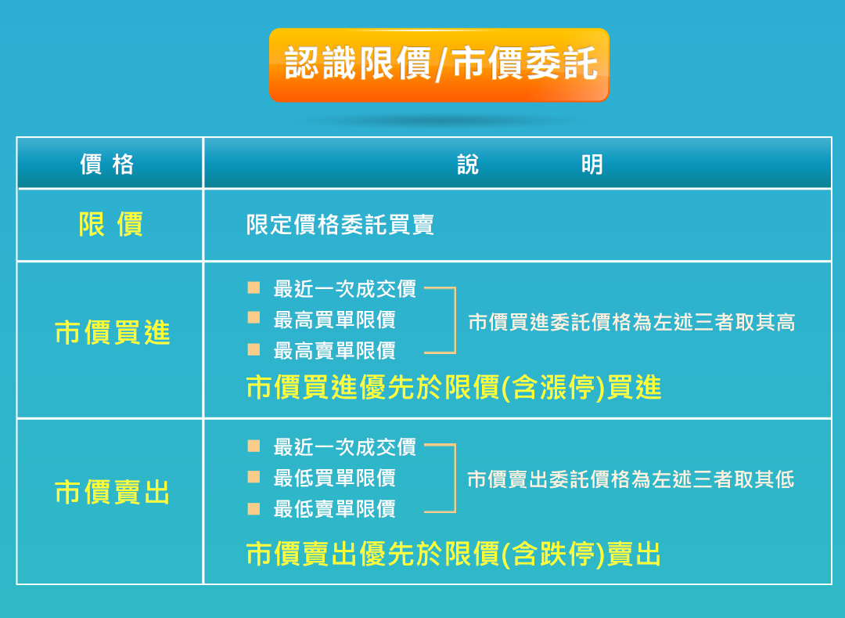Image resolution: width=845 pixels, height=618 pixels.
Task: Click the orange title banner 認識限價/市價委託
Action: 439,65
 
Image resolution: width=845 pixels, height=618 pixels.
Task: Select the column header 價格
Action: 106,164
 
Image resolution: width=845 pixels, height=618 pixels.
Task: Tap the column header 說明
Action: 530,164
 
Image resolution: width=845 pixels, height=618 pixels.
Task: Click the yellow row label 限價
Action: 111,224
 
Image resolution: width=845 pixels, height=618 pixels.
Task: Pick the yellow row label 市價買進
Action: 113,332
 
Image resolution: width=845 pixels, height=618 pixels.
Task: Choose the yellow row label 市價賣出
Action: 113,493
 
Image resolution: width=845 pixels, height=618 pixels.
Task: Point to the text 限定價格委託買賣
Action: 340,224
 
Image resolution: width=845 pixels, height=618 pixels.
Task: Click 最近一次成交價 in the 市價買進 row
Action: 345,289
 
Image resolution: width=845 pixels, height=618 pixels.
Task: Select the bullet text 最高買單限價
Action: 335,320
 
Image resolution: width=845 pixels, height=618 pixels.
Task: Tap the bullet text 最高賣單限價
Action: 335,351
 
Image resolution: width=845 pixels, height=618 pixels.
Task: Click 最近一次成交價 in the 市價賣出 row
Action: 345,447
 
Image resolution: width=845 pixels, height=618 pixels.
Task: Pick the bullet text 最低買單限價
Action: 335,478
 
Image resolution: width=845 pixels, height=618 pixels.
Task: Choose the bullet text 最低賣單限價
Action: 335,508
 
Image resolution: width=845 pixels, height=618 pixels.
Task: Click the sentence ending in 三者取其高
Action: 631,322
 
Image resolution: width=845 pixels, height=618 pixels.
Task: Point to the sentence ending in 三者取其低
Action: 631,479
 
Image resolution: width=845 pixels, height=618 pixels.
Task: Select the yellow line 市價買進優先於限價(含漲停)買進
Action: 454,387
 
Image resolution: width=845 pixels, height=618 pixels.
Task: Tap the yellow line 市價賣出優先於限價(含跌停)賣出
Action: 454,554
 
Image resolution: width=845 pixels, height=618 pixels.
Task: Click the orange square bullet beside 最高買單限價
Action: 253,318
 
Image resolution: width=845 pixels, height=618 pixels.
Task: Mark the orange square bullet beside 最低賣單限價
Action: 253,509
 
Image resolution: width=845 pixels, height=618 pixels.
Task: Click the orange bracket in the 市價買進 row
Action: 455,320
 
